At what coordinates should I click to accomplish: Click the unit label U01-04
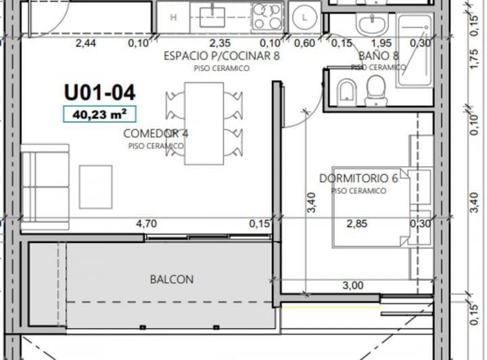tap(99, 93)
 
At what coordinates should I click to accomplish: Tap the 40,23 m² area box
tap(99, 114)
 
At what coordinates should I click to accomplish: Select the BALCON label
tap(172, 279)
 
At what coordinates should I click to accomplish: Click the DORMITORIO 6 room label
tap(358, 178)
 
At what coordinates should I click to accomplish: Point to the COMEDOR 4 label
tap(156, 133)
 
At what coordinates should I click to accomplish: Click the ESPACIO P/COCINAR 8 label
tap(221, 56)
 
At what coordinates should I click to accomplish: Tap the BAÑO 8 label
tap(379, 56)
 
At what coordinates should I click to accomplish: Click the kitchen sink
tap(212, 17)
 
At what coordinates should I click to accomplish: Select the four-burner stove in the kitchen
tap(266, 17)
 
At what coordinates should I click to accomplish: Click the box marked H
tap(173, 18)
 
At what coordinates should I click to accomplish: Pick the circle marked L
tap(304, 18)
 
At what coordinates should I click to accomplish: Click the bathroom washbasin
tap(372, 23)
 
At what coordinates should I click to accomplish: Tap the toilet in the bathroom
tap(376, 90)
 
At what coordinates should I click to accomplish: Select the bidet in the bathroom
tap(347, 91)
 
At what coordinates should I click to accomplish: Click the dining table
tap(204, 123)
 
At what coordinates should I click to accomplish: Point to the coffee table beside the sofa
tap(95, 187)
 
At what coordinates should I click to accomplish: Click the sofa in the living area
tap(45, 187)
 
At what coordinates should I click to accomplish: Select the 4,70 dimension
tap(146, 223)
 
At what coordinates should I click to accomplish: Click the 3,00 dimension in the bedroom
tap(353, 285)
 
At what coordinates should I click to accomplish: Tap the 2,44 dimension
tap(86, 43)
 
